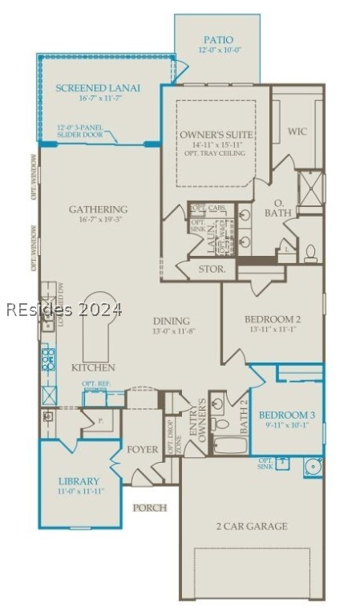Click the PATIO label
217,38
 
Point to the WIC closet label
297,131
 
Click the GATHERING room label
98,209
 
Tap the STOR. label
212,269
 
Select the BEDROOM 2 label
272,319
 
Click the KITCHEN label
94,367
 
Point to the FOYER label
143,449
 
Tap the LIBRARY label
79,481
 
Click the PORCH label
149,508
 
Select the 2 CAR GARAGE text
251,526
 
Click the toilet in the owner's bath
310,254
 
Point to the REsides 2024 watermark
63,309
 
